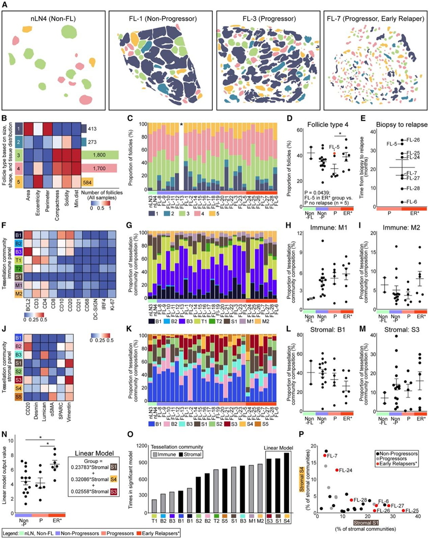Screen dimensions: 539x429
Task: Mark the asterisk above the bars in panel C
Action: coord(182,125)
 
